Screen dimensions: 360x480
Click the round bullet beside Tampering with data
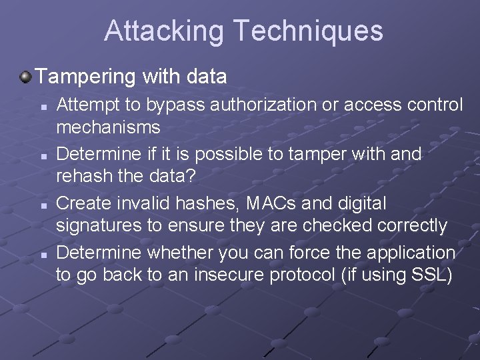pos(25,77)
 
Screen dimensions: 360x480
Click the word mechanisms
pos(108,127)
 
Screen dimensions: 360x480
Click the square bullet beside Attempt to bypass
pos(42,106)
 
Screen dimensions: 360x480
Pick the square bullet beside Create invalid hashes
pos(42,205)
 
